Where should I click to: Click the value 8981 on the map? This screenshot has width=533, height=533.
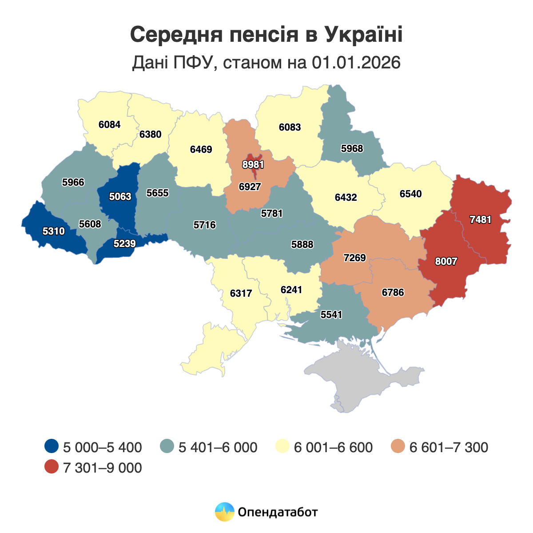(253, 164)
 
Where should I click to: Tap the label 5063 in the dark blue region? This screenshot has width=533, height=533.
(120, 196)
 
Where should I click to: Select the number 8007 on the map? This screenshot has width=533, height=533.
(446, 261)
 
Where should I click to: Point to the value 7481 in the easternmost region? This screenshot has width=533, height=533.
(480, 219)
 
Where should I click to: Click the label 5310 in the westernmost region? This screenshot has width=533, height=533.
(54, 231)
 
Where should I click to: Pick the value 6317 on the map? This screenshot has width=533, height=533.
(241, 293)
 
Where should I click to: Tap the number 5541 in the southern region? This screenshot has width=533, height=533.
(331, 315)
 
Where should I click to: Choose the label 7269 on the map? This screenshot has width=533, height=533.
(355, 258)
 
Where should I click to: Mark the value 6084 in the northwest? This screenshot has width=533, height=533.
(110, 124)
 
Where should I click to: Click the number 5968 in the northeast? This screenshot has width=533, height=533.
(352, 149)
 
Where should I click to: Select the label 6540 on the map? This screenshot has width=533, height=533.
(411, 194)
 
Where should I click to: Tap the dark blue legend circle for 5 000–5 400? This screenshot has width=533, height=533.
(52, 446)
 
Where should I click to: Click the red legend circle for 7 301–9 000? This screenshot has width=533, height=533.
(52, 467)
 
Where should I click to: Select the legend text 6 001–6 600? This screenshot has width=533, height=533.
(333, 447)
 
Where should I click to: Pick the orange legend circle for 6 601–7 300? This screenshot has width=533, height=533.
(398, 446)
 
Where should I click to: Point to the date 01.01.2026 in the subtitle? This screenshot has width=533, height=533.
(356, 63)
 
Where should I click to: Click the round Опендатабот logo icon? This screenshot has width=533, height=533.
(224, 512)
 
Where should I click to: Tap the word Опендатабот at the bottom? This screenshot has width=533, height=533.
(278, 512)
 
